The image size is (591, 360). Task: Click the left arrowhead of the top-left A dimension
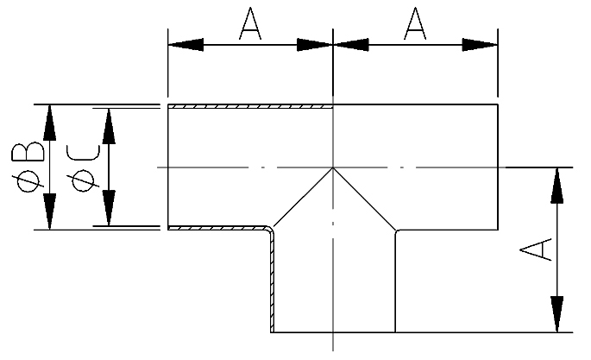(181, 43)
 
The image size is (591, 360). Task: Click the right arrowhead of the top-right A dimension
(485, 43)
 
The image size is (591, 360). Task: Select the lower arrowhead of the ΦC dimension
(109, 212)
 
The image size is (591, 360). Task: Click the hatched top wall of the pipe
(249, 107)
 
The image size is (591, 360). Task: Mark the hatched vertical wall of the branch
(272, 285)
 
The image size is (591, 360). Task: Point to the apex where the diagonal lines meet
(333, 167)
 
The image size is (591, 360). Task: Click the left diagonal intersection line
(302, 199)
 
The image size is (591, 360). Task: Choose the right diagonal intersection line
(364, 199)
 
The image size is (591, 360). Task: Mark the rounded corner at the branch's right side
(397, 231)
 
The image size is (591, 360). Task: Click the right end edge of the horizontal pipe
(498, 167)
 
